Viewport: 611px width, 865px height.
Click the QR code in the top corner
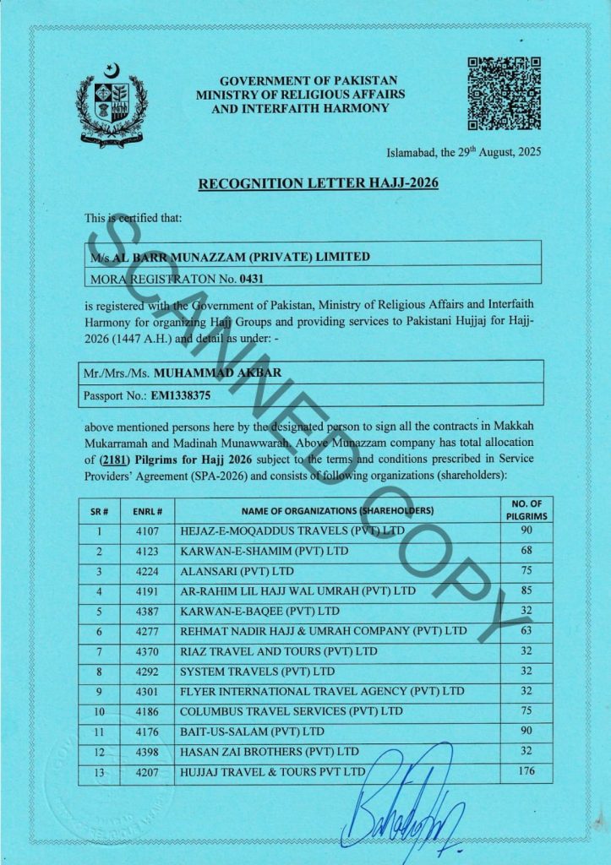pos(504,93)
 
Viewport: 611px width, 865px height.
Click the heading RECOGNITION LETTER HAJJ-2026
pos(318,183)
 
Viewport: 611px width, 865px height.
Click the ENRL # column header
pos(141,511)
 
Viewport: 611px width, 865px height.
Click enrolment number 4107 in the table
pos(141,533)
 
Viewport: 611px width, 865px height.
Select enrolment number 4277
pos(141,632)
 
